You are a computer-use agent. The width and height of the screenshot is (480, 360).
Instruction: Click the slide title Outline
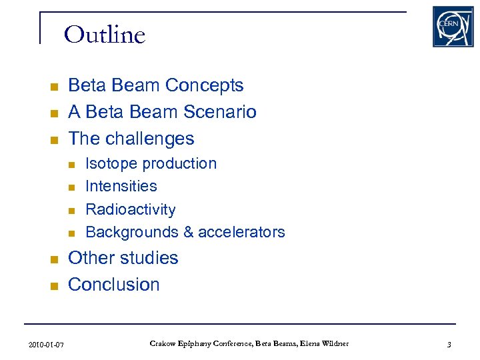click(x=105, y=34)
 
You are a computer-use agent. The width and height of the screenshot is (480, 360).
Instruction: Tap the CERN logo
click(x=453, y=27)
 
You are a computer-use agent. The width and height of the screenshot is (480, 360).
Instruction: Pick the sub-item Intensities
click(x=121, y=187)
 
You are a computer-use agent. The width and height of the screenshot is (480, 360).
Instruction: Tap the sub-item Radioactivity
click(x=131, y=209)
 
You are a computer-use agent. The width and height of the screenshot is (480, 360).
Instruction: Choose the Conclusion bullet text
click(x=114, y=285)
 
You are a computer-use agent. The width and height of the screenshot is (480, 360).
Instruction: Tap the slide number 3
click(x=449, y=345)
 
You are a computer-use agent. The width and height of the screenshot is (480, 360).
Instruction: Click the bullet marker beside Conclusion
click(x=55, y=286)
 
